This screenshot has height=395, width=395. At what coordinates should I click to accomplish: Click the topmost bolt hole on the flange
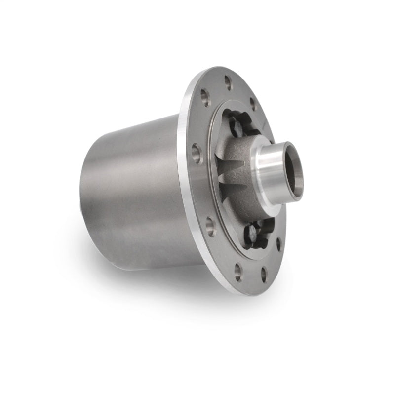click(x=228, y=82)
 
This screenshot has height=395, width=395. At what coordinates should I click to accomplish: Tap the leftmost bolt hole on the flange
click(x=197, y=154)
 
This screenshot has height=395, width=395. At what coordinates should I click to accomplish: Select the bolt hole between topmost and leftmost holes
click(x=205, y=98)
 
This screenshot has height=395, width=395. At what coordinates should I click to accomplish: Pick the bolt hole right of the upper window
click(x=253, y=104)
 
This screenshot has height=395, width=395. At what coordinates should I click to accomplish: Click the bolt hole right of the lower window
click(x=279, y=243)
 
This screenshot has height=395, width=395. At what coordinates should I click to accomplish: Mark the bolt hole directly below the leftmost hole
click(x=211, y=227)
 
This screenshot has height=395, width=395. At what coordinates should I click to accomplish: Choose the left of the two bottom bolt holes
click(x=238, y=271)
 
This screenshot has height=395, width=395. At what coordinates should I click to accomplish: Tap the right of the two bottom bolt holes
click(x=264, y=275)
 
